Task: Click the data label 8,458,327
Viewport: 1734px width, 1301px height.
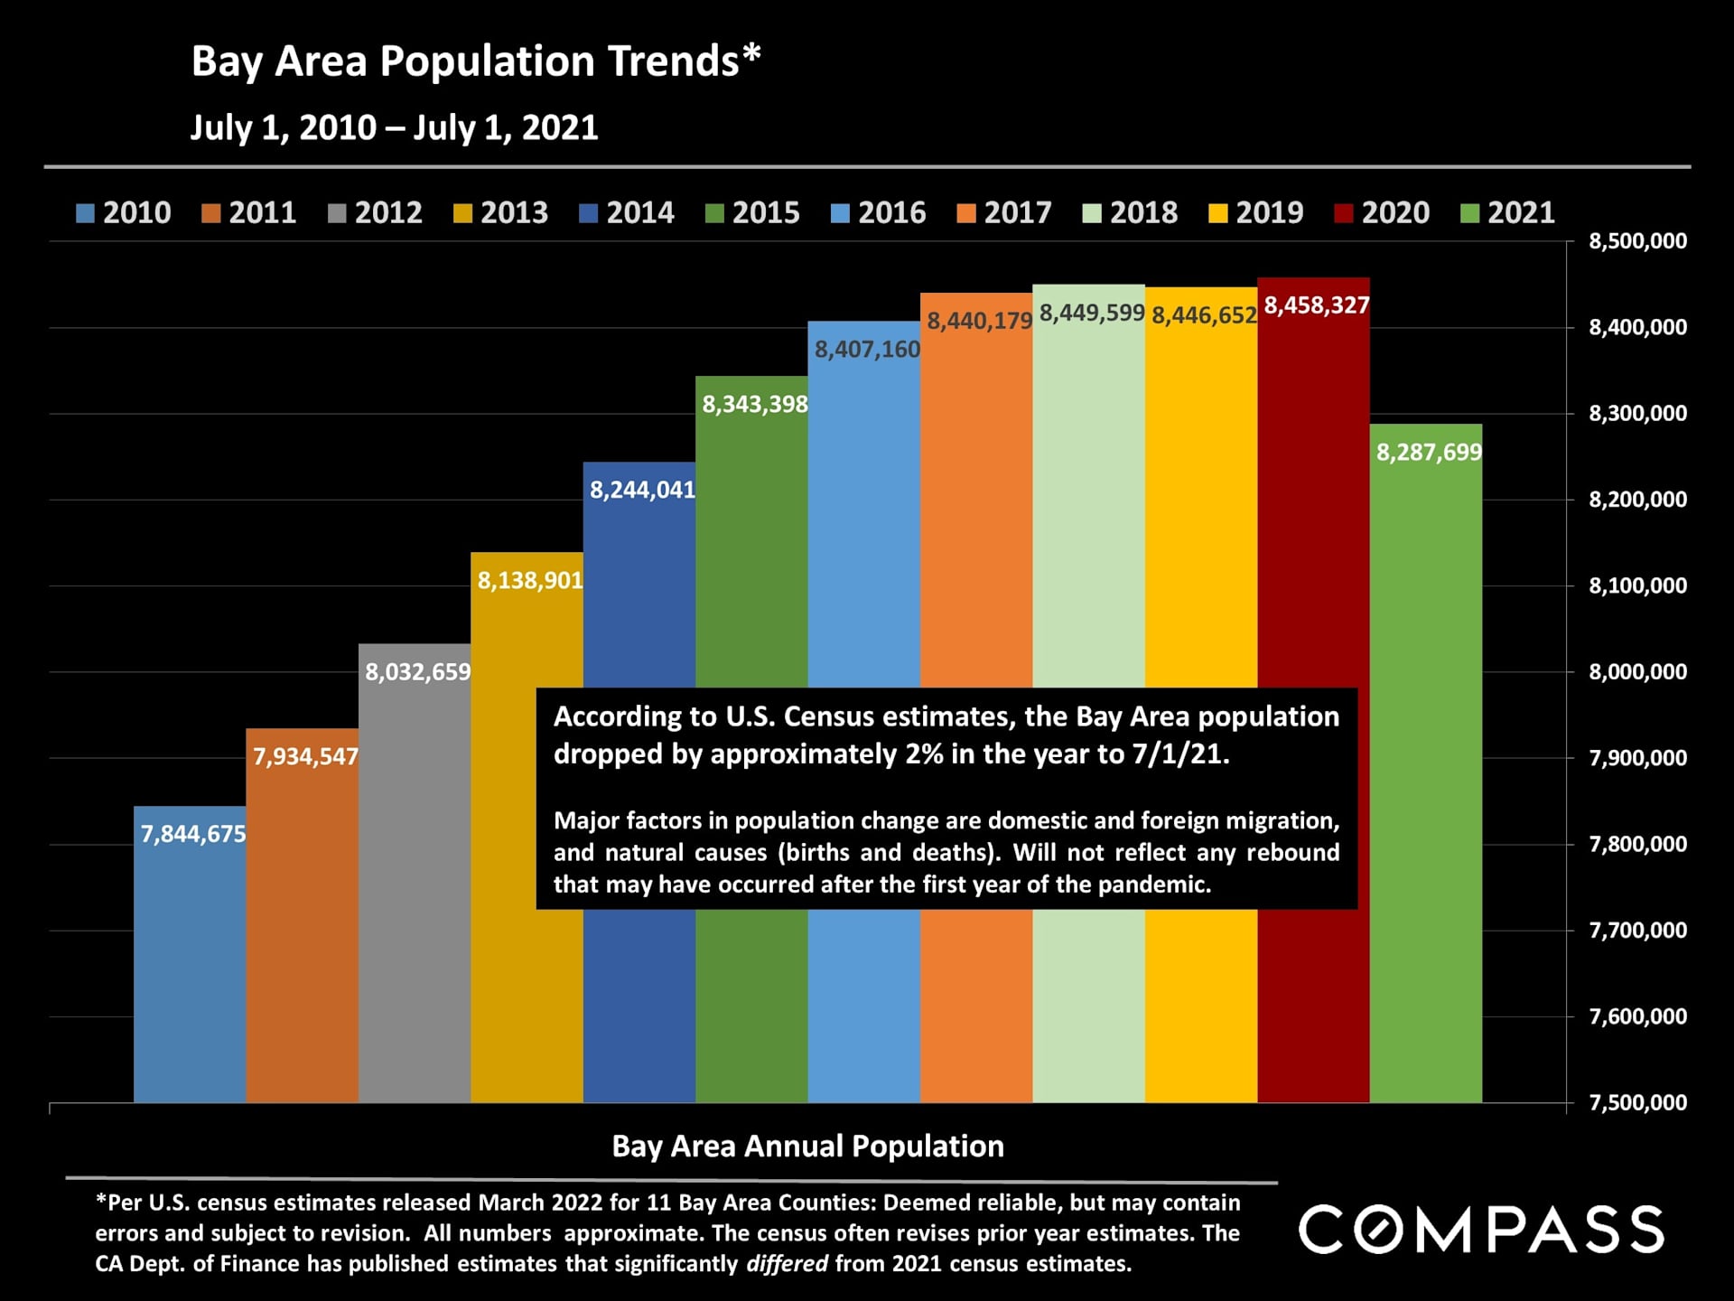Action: [1316, 305]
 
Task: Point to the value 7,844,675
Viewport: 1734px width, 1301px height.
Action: [193, 834]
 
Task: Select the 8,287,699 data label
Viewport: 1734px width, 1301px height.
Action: [1428, 452]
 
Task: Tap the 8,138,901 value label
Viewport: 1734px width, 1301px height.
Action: [529, 580]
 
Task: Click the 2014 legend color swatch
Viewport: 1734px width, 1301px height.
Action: [588, 213]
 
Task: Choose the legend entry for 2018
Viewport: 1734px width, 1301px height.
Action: [1130, 213]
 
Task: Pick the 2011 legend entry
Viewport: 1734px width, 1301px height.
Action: [249, 213]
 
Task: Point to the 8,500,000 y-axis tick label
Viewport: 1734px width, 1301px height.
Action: [1636, 241]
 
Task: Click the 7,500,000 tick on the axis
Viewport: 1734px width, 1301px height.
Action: [1636, 1102]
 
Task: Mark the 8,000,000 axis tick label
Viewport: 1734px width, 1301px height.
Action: [1636, 671]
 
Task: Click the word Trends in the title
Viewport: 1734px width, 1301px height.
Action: [674, 61]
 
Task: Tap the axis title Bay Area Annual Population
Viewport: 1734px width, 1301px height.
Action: [807, 1146]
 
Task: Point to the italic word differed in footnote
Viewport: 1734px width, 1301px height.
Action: [787, 1263]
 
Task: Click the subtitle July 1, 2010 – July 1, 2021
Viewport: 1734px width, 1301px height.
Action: [394, 127]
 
